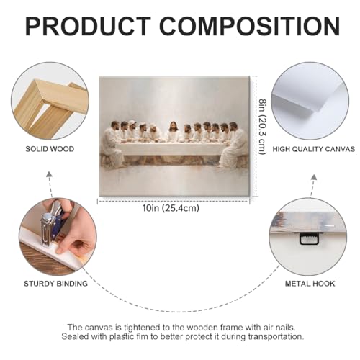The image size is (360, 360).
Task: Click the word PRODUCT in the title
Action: pyautogui.click(x=88, y=26)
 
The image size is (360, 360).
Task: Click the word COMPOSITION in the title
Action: pyautogui.click(x=250, y=26)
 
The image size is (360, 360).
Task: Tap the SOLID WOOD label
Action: pyautogui.click(x=50, y=149)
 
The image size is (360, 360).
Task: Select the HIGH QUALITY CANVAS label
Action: pyautogui.click(x=314, y=149)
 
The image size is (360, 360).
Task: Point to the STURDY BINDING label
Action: pyautogui.click(x=55, y=284)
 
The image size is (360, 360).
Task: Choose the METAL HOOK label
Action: pyautogui.click(x=310, y=284)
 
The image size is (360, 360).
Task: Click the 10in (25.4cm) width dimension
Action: pyautogui.click(x=171, y=208)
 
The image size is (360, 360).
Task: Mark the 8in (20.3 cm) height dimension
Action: pyautogui.click(x=263, y=127)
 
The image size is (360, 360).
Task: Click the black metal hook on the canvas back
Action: pyautogui.click(x=309, y=238)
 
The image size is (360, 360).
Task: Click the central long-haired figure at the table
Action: pyautogui.click(x=174, y=132)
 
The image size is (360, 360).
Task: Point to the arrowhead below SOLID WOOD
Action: pyautogui.click(x=49, y=174)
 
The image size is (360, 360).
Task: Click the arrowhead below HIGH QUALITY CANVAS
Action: pyautogui.click(x=314, y=177)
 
